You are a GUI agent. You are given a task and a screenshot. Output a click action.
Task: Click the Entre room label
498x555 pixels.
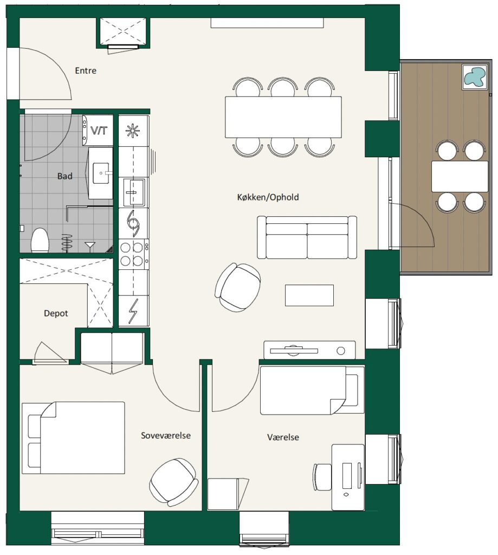[86, 70]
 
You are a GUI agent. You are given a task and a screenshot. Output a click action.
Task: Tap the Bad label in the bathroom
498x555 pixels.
[65, 176]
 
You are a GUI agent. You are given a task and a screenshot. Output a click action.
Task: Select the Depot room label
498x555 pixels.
[56, 313]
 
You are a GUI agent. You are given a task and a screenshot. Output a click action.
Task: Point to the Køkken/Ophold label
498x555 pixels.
[268, 197]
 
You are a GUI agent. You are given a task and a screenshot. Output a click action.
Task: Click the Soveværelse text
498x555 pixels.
[166, 435]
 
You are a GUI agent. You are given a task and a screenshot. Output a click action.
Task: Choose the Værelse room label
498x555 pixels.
[283, 437]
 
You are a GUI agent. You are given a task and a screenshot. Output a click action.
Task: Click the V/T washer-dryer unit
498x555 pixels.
[98, 130]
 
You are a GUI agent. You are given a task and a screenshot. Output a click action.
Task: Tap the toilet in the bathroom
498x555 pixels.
[40, 240]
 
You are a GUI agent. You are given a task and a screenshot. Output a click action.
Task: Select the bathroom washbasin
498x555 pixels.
[101, 173]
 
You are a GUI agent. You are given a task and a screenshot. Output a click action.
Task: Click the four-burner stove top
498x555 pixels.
[133, 254]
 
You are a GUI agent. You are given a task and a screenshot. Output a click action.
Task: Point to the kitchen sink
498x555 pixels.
[133, 192]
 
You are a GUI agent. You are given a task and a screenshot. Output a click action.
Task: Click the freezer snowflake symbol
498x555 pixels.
[133, 131]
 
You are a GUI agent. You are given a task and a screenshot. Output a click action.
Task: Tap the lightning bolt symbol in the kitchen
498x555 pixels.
[133, 311]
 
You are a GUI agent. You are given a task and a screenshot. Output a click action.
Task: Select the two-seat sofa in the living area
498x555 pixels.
[307, 237]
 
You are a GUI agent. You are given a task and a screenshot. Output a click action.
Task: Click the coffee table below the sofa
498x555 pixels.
[309, 295]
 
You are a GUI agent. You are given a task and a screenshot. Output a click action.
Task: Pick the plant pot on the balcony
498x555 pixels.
[475, 77]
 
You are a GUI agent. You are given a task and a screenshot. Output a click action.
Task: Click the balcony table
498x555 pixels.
[460, 176]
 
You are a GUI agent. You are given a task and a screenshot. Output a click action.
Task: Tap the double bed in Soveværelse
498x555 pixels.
[73, 437]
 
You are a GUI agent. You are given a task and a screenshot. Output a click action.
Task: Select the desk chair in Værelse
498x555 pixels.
[322, 477]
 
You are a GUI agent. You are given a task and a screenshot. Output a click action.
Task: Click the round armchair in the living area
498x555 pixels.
[238, 287]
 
